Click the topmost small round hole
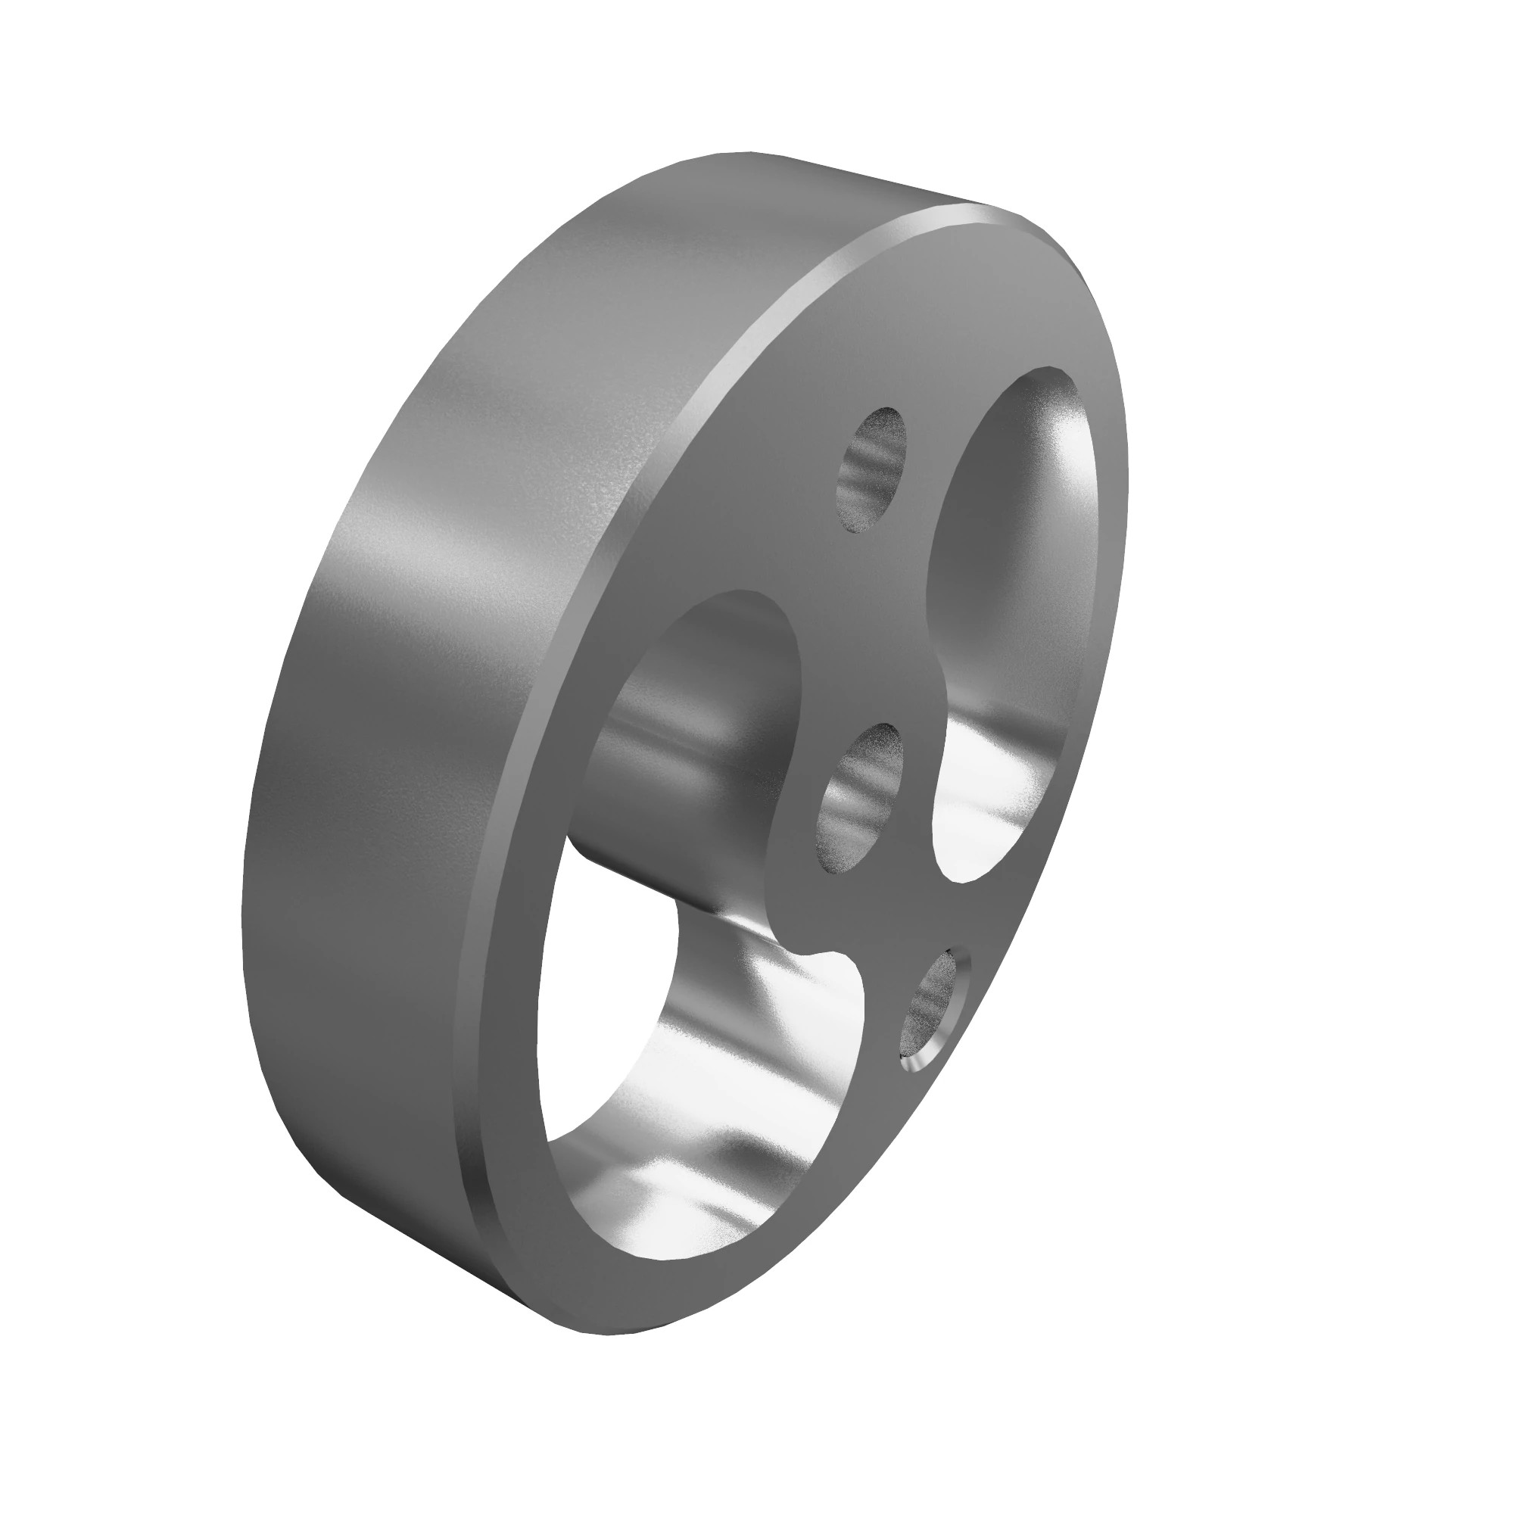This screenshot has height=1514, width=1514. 872,472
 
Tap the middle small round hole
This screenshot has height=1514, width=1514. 860,796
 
